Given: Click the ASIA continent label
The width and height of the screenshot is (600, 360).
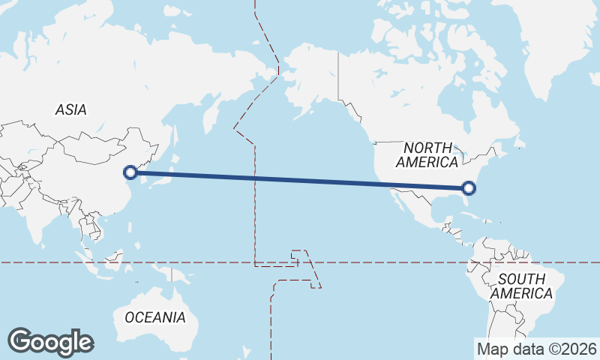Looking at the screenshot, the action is tap(71, 109).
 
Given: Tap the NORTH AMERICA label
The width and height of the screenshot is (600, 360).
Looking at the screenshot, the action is tap(427, 154).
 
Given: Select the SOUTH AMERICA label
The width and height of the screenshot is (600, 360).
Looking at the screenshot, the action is tap(522, 286).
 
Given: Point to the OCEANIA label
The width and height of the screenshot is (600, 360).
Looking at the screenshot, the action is tap(155, 317).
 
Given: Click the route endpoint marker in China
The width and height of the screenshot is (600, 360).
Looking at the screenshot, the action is tap(130, 172).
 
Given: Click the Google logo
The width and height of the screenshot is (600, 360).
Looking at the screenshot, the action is tap(50, 342).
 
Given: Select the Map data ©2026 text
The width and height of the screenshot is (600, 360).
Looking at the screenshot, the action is tap(537, 349).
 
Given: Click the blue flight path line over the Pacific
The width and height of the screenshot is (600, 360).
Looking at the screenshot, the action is tap(300, 180).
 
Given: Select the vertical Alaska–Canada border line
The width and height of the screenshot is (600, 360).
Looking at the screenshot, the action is tap(338, 75).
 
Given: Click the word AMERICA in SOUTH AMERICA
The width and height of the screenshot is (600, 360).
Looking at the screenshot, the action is tap(522, 293).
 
